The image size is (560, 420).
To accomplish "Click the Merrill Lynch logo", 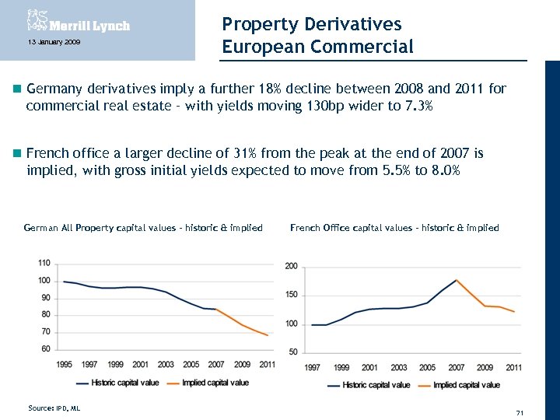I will click(78, 23).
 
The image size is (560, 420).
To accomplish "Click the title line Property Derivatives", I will click(311, 24).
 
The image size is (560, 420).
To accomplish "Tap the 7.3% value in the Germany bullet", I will click(410, 106).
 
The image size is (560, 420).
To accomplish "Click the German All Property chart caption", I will click(143, 228).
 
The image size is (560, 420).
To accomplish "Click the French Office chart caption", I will click(394, 228).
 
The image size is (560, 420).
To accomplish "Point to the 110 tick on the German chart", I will click(44, 264).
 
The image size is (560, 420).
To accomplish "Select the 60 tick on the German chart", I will click(46, 348).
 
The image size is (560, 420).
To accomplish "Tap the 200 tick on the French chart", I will click(292, 267).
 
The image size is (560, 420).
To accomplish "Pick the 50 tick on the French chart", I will click(294, 352).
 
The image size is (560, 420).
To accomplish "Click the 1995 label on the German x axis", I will click(65, 364).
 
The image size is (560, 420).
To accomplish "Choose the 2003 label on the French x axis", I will click(398, 367).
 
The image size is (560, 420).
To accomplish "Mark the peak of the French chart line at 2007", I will click(457, 280).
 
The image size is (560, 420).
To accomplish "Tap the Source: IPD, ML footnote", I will click(54, 408).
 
